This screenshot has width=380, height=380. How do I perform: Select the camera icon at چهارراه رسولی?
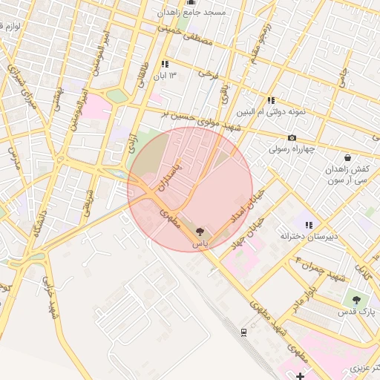(292, 137)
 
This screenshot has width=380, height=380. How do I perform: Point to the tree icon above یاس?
(200, 232)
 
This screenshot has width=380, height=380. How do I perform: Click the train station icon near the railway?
(243, 332)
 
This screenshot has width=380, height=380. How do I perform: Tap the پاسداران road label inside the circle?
(170, 177)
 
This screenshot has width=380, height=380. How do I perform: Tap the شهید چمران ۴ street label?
(321, 269)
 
